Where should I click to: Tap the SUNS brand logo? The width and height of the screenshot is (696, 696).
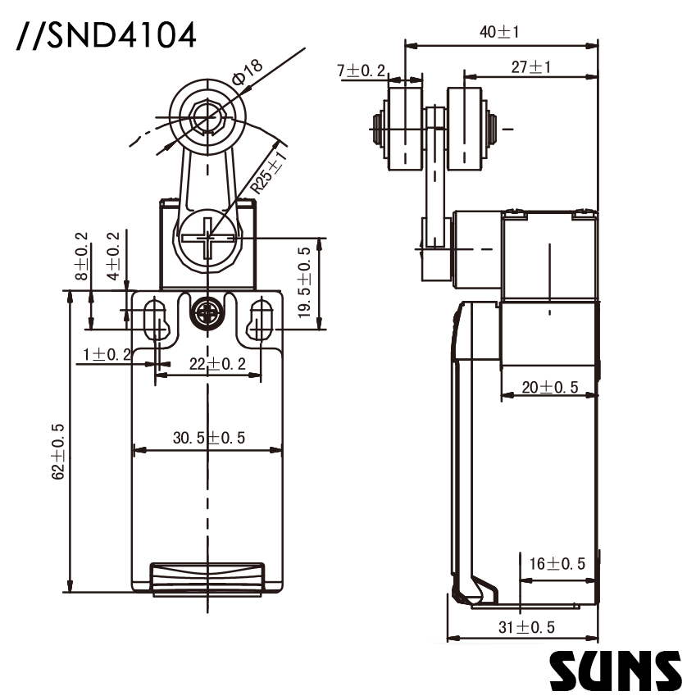(615, 670)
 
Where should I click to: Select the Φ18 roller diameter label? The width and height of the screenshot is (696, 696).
(247, 74)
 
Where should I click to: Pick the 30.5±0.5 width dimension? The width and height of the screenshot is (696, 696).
(208, 438)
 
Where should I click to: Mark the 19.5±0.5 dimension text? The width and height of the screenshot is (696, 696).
(305, 283)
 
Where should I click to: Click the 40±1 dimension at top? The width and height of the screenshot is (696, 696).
(500, 32)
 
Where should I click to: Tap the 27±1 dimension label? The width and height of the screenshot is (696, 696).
(530, 67)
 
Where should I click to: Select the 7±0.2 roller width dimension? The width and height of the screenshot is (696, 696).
(362, 71)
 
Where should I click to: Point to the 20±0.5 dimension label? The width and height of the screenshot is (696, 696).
(550, 387)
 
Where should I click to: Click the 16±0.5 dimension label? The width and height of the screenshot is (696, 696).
(557, 563)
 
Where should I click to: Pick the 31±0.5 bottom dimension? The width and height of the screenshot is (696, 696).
(526, 627)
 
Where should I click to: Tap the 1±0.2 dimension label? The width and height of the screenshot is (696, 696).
(107, 354)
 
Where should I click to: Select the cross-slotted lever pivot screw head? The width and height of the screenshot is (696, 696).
(207, 242)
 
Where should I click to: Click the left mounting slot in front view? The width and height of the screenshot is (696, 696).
(154, 321)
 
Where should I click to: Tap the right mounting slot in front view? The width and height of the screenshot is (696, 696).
(262, 321)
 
